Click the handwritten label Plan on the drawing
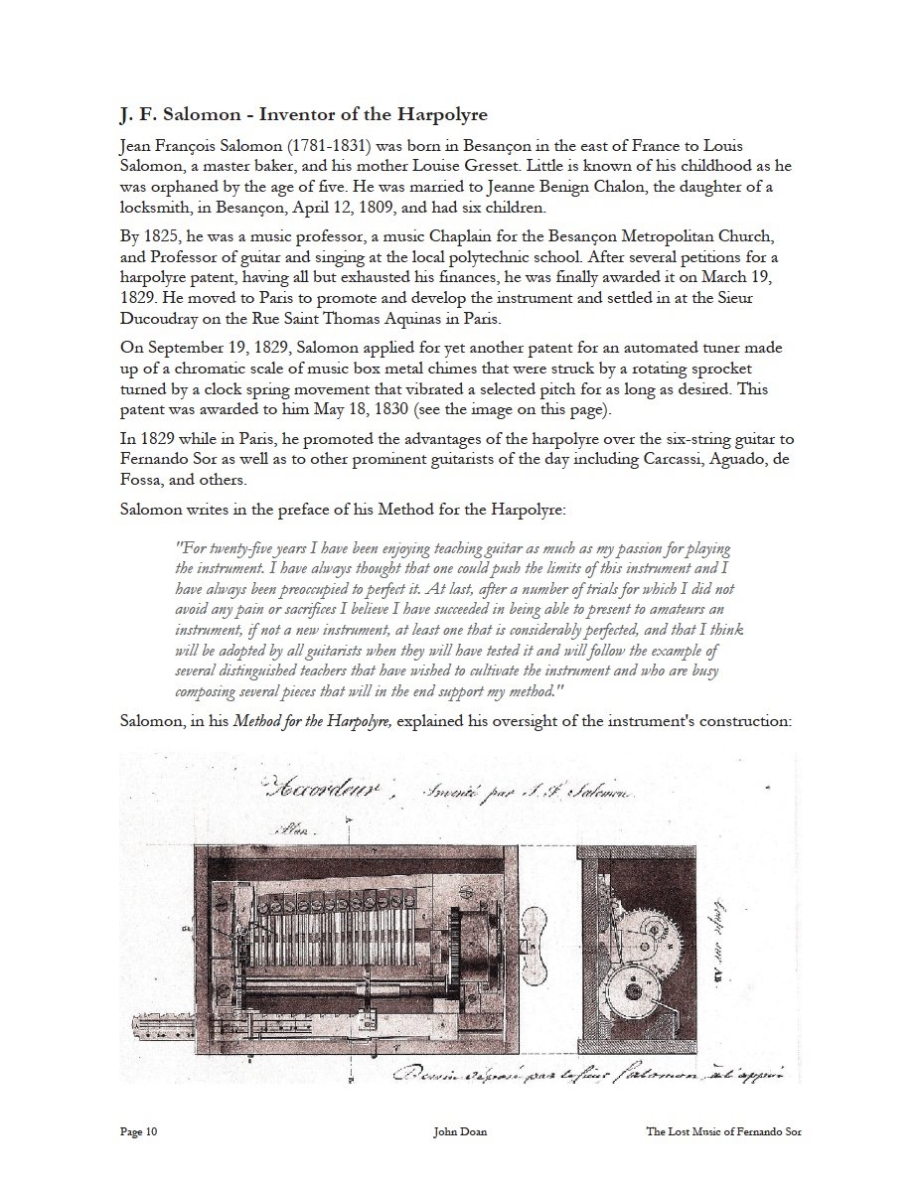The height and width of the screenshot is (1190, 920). pos(297,826)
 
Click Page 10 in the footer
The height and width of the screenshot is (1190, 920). pos(138,1130)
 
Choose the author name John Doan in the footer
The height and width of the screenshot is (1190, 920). pos(459,1130)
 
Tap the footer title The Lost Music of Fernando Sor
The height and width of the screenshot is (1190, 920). pos(723,1130)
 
